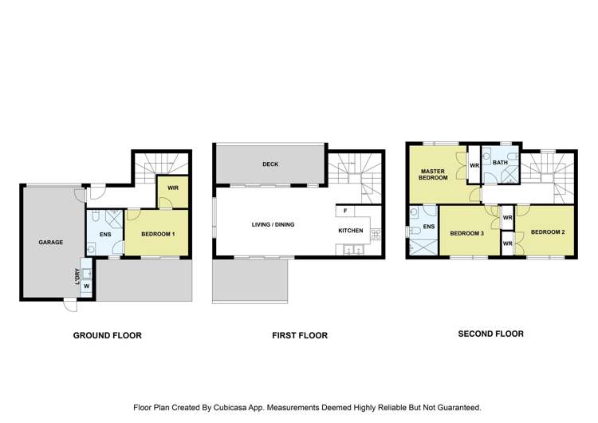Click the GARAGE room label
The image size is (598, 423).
click(50, 242)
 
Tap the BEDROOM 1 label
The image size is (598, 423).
click(158, 234)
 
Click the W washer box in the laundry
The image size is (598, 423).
click(86, 285)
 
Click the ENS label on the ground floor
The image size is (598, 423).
click(104, 235)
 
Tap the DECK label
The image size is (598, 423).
click(270, 164)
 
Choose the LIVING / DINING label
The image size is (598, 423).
click(273, 225)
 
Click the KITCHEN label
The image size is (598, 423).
click(351, 231)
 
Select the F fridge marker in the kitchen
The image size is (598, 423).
click(344, 211)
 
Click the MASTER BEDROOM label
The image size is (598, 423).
click(432, 175)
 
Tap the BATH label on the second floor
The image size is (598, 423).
click(500, 163)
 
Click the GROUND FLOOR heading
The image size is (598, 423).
click(108, 336)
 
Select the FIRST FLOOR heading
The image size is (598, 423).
click(299, 336)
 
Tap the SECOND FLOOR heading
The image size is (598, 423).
click(490, 334)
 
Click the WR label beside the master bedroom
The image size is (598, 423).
click(474, 166)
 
